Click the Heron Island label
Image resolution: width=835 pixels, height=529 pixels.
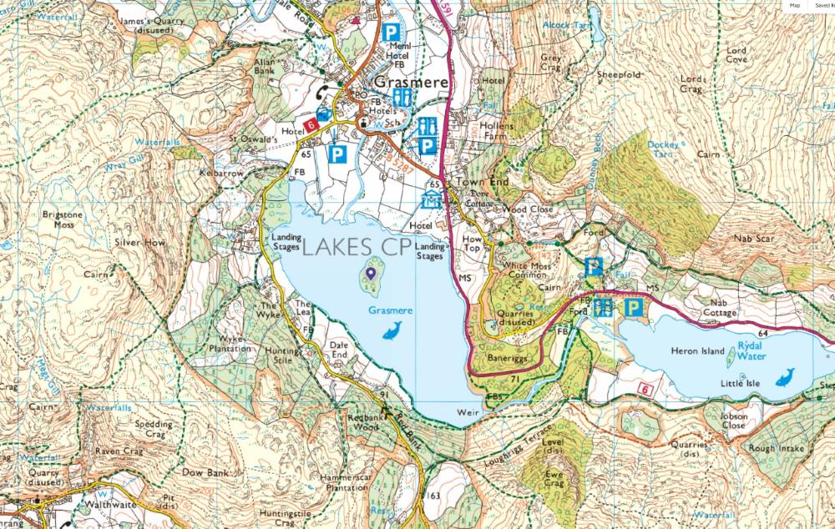pyautogui.click(x=698, y=351)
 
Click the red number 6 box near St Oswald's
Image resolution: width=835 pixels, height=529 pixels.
pyautogui.click(x=311, y=125)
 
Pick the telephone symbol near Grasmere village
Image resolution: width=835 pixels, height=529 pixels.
pyautogui.click(x=321, y=94)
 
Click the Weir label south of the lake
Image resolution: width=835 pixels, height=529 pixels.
pyautogui.click(x=466, y=413)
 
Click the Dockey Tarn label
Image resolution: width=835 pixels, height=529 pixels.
pyautogui.click(x=664, y=149)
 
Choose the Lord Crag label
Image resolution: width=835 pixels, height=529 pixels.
pyautogui.click(x=692, y=83)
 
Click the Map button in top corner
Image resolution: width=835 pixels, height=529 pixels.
pyautogui.click(x=795, y=5)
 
